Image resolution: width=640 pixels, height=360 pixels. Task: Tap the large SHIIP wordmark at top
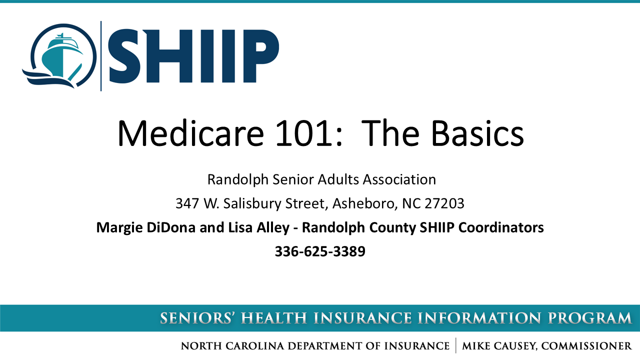coord(193,56)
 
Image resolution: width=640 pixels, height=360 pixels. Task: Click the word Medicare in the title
coord(190,133)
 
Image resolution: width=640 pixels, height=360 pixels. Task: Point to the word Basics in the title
coord(477,133)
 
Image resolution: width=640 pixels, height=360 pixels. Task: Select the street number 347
coord(187,203)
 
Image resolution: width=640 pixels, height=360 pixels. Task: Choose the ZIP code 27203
coord(444,203)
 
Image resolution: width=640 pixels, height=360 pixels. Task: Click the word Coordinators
coord(501,227)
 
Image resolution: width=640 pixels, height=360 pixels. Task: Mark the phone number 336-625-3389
coord(320,251)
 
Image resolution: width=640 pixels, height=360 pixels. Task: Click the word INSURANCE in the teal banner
coord(363,318)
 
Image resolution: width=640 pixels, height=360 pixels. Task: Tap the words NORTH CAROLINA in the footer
coord(232,346)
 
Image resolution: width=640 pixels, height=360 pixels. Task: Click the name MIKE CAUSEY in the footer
coord(499,346)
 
